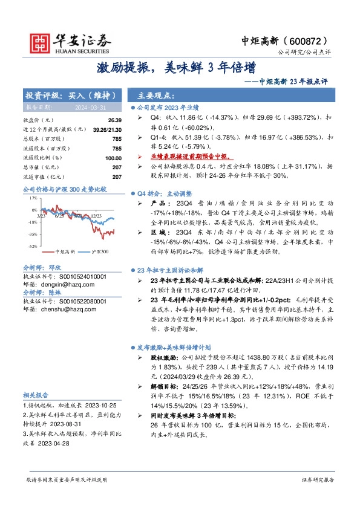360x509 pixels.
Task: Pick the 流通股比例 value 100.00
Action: click(113, 158)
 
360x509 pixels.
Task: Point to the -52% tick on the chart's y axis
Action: click(31, 246)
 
